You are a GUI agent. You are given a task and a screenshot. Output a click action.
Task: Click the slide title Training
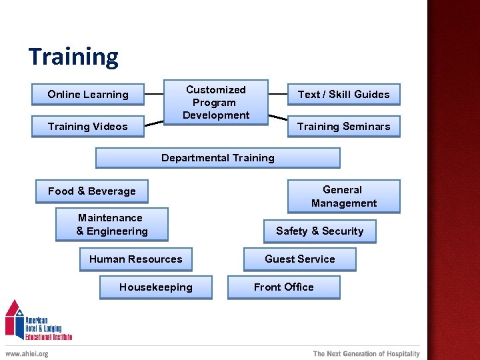(73, 57)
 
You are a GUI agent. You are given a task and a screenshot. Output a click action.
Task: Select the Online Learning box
(87, 95)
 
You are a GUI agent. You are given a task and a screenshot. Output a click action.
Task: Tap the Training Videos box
(87, 127)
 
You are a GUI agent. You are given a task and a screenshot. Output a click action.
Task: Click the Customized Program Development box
(215, 103)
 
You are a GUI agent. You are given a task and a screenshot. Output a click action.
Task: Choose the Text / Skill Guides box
(343, 95)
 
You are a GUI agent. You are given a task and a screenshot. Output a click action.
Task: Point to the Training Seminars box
(343, 127)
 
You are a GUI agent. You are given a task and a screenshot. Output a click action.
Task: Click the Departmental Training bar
(217, 158)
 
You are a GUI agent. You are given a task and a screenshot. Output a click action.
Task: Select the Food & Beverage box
(91, 191)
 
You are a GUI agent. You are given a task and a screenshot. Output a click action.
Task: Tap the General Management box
(343, 197)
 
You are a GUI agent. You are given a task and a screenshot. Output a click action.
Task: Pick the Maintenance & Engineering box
(111, 225)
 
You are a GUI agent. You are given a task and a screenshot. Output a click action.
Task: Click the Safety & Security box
(319, 231)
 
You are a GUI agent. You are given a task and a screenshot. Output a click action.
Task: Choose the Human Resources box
(135, 259)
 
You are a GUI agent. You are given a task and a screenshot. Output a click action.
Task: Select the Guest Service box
(299, 259)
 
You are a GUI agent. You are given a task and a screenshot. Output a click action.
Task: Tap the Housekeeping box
(155, 287)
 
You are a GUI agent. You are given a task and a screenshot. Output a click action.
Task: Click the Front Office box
(283, 287)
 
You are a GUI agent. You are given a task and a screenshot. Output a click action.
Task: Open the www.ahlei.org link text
(27, 354)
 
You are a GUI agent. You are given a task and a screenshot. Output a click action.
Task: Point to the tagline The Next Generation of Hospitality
(366, 354)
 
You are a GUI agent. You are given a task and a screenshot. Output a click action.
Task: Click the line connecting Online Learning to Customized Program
(154, 95)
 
